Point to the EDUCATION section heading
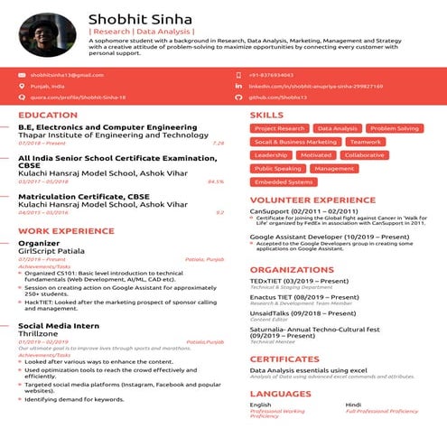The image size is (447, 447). tap(48, 116)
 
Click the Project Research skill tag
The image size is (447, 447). tap(279, 129)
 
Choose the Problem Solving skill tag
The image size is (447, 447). tap(395, 129)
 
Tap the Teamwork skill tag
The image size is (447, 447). tap(365, 142)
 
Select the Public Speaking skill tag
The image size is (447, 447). tap(277, 169)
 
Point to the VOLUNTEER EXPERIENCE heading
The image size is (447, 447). tap(312, 200)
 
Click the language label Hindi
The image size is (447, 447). tap(353, 405)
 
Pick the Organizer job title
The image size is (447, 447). tap(39, 243)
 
